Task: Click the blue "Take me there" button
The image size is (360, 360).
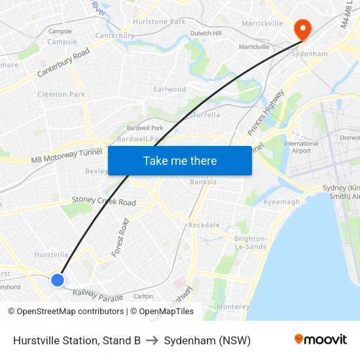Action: tap(179, 160)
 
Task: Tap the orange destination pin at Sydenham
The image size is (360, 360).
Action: tap(302, 28)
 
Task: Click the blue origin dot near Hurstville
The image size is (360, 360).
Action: tap(58, 280)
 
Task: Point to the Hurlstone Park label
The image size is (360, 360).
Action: tap(160, 22)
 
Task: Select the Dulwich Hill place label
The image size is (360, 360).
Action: tap(206, 33)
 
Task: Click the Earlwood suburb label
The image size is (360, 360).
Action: tap(170, 89)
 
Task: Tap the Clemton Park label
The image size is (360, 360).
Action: tap(62, 94)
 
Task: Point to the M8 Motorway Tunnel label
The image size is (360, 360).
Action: tap(66, 156)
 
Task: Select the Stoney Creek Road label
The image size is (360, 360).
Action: tap(103, 201)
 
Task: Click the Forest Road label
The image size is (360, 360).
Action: tap(120, 238)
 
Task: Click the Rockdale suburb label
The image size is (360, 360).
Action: tap(204, 225)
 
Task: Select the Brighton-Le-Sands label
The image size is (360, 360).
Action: tap(250, 243)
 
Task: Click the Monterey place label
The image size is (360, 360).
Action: tap(233, 306)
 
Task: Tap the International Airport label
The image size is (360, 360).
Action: tap(301, 147)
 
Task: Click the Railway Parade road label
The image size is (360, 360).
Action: tap(98, 297)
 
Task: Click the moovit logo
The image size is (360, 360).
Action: tap(320, 340)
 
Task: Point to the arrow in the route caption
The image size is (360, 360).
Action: tap(152, 340)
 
